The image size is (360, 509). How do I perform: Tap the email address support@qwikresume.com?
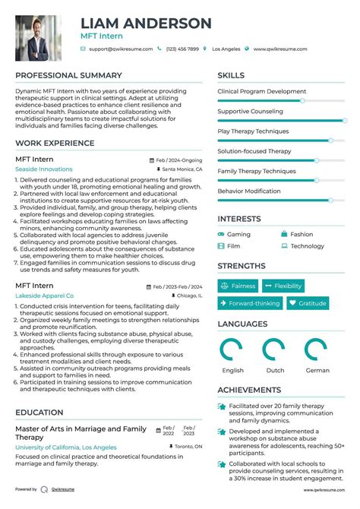coord(121,49)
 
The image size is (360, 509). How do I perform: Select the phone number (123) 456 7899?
coord(182,49)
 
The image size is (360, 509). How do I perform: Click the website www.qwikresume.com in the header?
coord(281,49)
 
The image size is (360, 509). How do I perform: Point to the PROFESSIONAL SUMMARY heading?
coord(68,75)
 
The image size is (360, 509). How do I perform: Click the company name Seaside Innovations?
coord(45,169)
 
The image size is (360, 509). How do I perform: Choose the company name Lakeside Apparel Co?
coord(45,295)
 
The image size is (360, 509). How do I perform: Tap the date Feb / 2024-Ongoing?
coord(179,160)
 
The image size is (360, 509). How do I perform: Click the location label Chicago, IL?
coord(190,295)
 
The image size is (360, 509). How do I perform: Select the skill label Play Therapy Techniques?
coord(253,131)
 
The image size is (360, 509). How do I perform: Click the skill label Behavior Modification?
coord(249,191)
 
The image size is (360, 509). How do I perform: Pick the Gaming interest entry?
coord(238,235)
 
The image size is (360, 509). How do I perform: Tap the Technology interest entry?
coord(307,246)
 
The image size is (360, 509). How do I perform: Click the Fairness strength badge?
coord(238,286)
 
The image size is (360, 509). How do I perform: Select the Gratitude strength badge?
coord(307,303)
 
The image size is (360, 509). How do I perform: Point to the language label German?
coord(317,371)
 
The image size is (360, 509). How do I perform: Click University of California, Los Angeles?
coord(66,447)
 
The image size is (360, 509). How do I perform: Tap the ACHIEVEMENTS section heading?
coord(250,390)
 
